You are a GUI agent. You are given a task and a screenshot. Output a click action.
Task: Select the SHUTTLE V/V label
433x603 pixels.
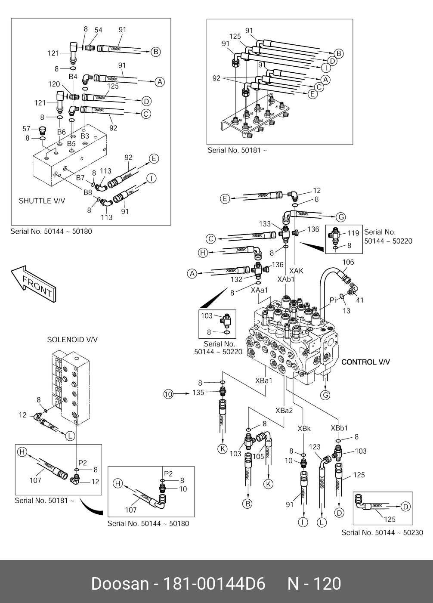tap(42, 201)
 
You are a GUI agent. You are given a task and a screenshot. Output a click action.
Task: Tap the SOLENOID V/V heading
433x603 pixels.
tap(72, 340)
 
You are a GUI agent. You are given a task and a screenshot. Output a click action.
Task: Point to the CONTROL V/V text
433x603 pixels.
tap(365, 362)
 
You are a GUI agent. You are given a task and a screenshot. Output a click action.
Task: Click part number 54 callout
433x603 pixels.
tap(98, 30)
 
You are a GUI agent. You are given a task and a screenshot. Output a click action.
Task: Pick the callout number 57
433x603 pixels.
tap(26, 129)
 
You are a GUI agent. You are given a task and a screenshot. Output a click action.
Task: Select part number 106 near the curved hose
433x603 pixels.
tap(348, 262)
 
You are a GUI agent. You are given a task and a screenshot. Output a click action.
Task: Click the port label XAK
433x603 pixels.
tap(296, 271)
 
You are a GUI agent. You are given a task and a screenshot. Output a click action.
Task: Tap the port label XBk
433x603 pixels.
tap(304, 429)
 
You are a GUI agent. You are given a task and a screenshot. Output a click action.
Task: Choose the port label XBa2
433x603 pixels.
tap(284, 411)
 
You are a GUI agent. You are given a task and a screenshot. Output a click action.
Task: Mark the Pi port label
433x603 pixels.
tap(333, 300)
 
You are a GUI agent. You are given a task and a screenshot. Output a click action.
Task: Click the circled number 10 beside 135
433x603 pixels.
tap(168, 393)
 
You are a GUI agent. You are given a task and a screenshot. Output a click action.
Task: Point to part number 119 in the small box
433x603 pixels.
tap(353, 233)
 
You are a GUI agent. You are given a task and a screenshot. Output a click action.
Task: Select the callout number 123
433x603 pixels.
tap(315, 447)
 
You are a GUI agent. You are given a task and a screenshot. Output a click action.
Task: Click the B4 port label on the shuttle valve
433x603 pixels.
tap(73, 76)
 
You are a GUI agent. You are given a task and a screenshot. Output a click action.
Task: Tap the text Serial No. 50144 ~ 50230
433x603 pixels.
tap(382, 532)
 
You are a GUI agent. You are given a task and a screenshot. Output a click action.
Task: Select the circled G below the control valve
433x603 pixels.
tap(326, 395)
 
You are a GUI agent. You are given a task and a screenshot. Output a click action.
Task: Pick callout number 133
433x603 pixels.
tap(265, 224)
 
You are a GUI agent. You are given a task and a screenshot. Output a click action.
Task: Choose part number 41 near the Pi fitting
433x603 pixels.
tap(360, 300)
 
